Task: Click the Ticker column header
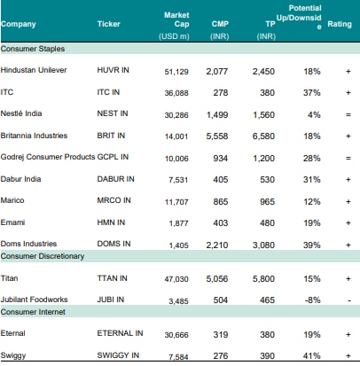[x=108, y=24]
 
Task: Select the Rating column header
[x=340, y=24]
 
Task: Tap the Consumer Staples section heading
[x=33, y=49]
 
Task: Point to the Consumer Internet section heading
[x=33, y=312]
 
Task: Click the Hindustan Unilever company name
[x=34, y=70]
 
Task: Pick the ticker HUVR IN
[x=113, y=70]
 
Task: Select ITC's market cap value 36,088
[x=176, y=93]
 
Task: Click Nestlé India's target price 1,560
[x=263, y=115]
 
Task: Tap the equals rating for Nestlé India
[x=348, y=115]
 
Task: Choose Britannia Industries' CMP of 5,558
[x=217, y=136]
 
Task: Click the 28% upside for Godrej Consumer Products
[x=312, y=159]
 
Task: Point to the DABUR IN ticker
[x=115, y=179]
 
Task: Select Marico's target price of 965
[x=267, y=202]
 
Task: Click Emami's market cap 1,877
[x=178, y=223]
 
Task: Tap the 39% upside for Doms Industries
[x=312, y=245]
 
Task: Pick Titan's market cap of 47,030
[x=176, y=279]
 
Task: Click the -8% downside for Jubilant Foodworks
[x=312, y=300]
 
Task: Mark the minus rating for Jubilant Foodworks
[x=349, y=300]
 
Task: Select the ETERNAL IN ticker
[x=120, y=333]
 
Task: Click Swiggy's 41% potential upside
[x=312, y=355]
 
